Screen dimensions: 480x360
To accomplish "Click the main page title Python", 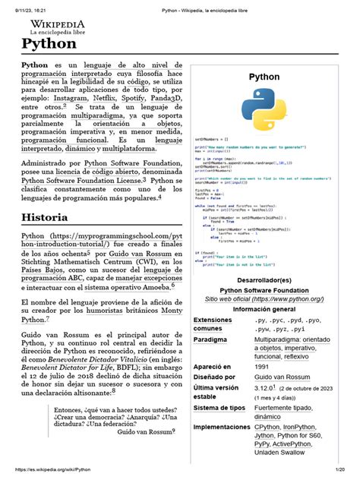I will (x=49, y=47).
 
